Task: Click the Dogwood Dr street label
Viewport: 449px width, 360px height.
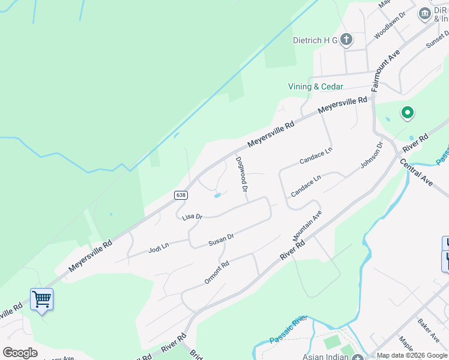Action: [x=242, y=174]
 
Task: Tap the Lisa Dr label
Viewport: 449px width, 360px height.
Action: [x=192, y=217]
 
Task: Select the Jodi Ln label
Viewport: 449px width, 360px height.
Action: [x=159, y=246]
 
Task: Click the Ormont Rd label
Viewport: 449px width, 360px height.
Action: [x=217, y=272]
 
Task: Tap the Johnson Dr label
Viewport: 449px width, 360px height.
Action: [x=371, y=155]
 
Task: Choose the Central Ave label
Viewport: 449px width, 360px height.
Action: [x=415, y=173]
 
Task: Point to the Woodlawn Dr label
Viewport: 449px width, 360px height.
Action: [x=390, y=25]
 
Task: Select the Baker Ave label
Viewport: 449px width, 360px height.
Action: [x=429, y=326]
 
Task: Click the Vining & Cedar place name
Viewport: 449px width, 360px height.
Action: [x=315, y=86]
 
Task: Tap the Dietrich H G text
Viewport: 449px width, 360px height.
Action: [x=315, y=40]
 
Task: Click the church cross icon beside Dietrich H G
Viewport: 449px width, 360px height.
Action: [x=346, y=40]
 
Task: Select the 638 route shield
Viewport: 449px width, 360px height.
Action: [x=181, y=195]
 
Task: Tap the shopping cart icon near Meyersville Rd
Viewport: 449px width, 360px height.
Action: [x=41, y=298]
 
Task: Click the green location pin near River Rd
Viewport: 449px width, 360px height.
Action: [x=408, y=112]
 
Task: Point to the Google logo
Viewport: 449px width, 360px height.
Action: [x=20, y=353]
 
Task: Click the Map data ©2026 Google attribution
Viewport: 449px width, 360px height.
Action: [x=412, y=356]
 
